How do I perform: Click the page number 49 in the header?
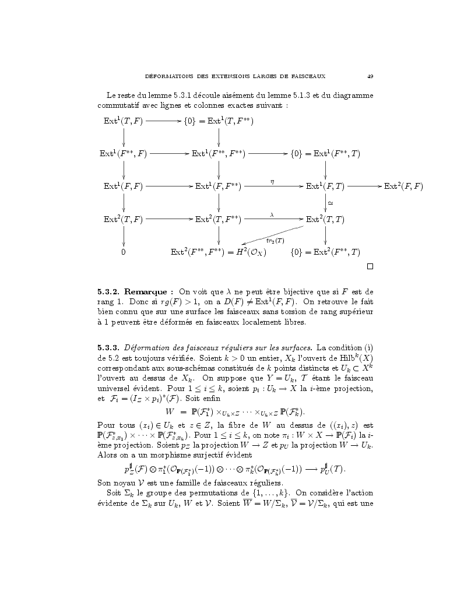[370, 76]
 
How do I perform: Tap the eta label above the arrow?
[272, 181]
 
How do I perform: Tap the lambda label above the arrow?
[272, 214]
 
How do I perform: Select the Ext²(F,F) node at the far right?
[403, 186]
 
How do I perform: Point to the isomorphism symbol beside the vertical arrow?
[331, 203]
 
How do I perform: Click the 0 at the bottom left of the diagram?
[124, 252]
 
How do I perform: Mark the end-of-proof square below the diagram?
[370, 267]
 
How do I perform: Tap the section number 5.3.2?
[108, 291]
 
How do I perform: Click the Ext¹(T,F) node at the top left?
[123, 121]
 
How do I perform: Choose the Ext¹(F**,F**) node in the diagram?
[219, 154]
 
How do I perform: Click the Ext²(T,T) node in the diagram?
[325, 220]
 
